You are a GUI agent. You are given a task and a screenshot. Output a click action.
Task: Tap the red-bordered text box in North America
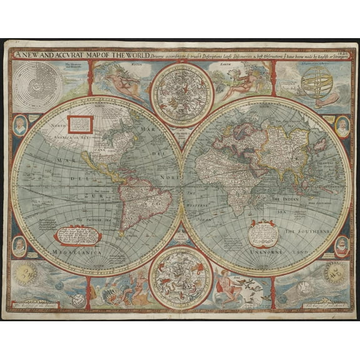[81, 124]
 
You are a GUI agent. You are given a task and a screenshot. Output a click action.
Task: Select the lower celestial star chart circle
[181, 277]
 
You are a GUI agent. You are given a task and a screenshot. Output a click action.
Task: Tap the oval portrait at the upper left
[19, 125]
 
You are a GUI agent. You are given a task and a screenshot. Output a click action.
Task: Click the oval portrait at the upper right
[342, 126]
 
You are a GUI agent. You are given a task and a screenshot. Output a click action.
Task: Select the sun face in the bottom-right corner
[335, 274]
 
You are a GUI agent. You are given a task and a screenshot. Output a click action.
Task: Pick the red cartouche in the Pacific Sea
[77, 235]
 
